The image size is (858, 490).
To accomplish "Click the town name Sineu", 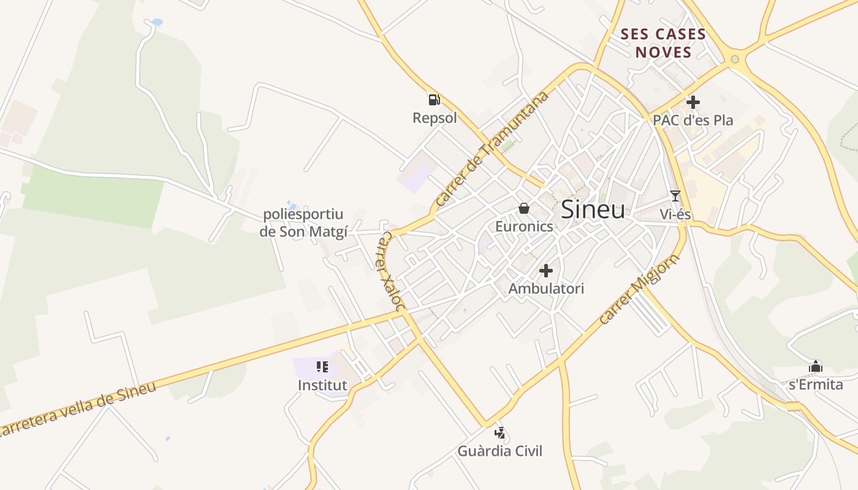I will [593, 209].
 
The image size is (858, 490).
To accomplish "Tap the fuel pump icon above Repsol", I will [434, 99].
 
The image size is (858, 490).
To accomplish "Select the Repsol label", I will [435, 118].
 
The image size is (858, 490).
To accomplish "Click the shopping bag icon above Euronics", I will [524, 208].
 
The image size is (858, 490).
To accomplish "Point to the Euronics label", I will [524, 226].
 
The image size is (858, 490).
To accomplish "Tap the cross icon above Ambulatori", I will [546, 270].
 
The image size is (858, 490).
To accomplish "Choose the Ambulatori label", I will [546, 288].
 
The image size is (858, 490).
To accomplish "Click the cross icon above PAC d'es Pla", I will [693, 102].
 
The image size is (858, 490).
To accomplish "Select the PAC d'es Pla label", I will [693, 120].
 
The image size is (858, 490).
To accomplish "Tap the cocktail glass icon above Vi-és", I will [675, 196].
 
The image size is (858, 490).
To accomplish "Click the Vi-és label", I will [675, 214].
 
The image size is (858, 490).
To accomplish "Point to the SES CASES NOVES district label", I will [664, 43].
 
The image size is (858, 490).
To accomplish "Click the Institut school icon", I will [322, 367].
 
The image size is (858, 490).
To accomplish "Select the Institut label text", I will [322, 385].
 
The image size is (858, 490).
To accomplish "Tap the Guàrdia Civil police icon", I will [500, 433].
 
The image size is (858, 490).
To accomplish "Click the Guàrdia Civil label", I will [500, 451].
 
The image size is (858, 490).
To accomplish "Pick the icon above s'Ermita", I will [816, 366].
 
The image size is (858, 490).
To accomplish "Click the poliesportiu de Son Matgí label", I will [303, 223].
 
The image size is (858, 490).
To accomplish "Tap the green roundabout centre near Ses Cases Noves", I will [734, 59].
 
